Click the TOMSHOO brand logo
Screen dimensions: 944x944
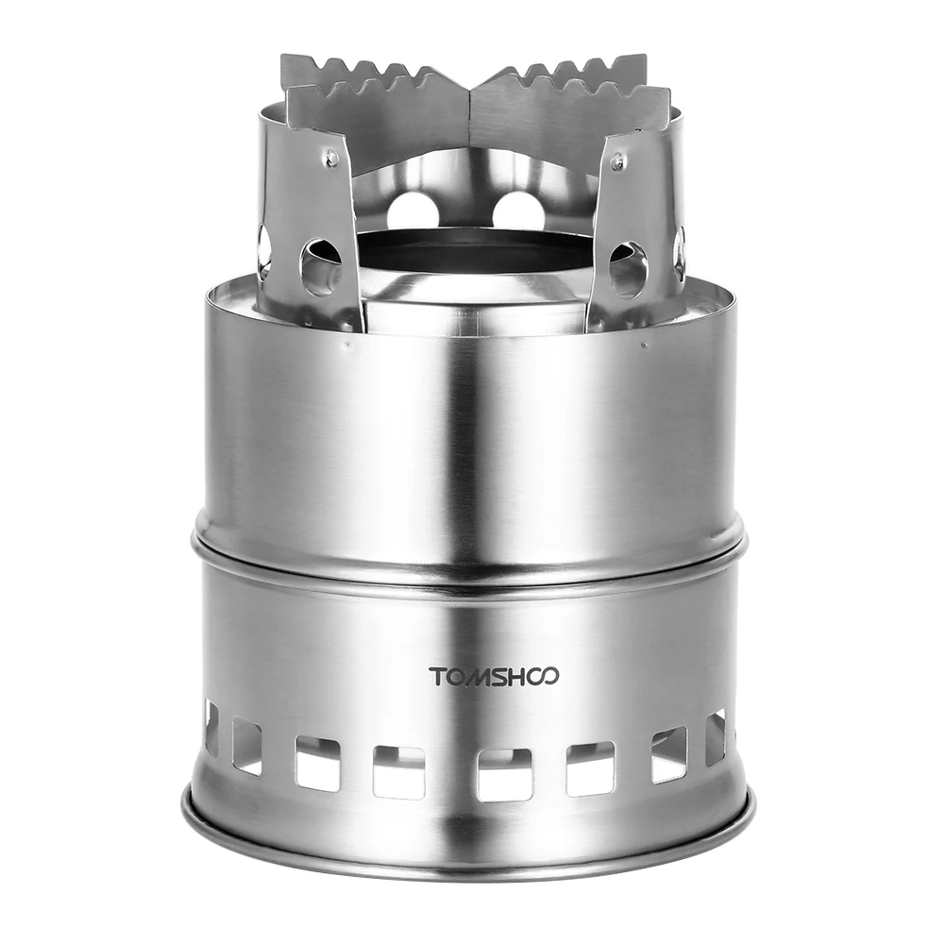(x=494, y=676)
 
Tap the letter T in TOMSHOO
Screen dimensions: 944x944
(x=436, y=676)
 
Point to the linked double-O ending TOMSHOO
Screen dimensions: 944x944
(x=545, y=676)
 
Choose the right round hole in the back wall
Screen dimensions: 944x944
(x=518, y=210)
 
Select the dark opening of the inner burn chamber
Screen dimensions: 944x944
(x=469, y=250)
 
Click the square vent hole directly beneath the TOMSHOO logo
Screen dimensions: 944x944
(x=503, y=773)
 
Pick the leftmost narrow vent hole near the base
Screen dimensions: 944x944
(x=211, y=727)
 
